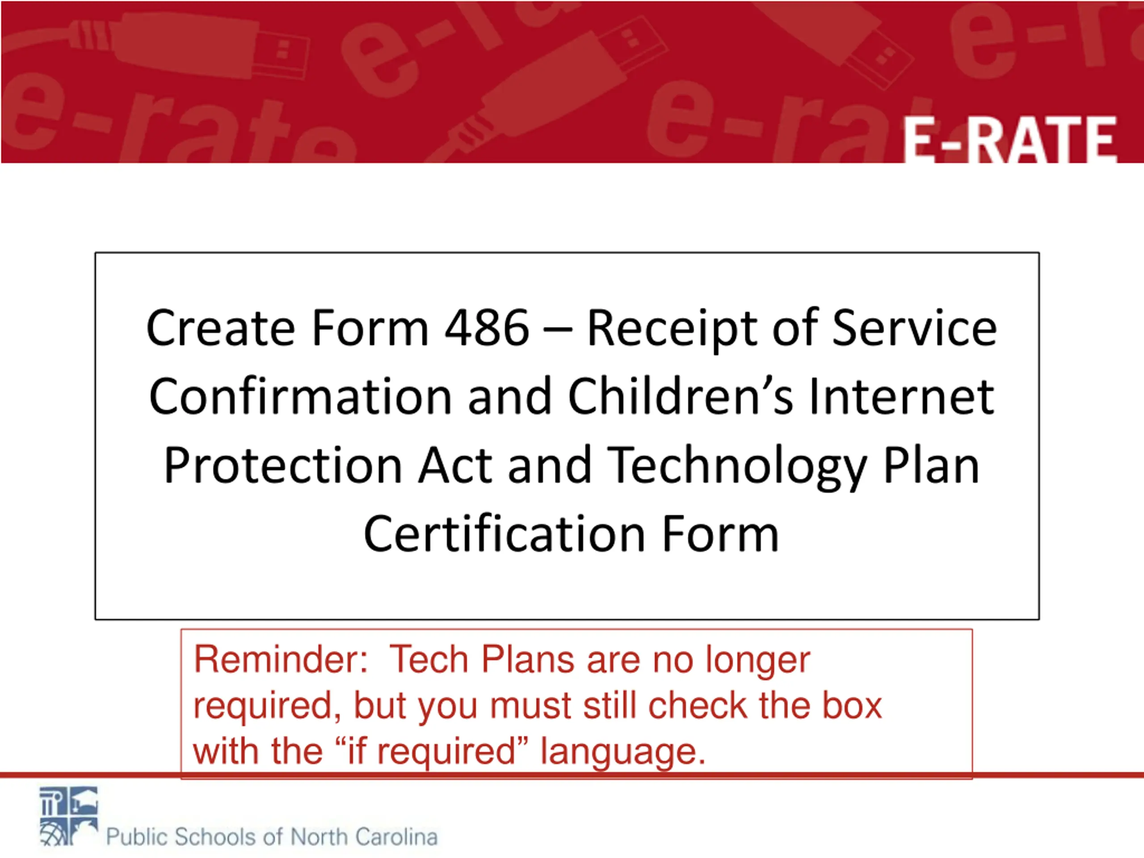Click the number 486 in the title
(487, 328)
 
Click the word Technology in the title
(736, 467)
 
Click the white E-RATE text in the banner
(1009, 139)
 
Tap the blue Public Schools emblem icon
(69, 816)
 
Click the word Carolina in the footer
(396, 836)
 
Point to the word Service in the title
(914, 328)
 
